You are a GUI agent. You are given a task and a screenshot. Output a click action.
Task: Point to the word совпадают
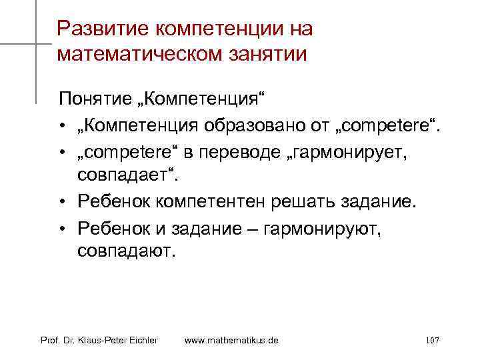click(x=125, y=252)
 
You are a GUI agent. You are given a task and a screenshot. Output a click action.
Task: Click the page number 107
click(x=431, y=341)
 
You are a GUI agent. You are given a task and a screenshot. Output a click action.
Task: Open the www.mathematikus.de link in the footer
click(x=231, y=341)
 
